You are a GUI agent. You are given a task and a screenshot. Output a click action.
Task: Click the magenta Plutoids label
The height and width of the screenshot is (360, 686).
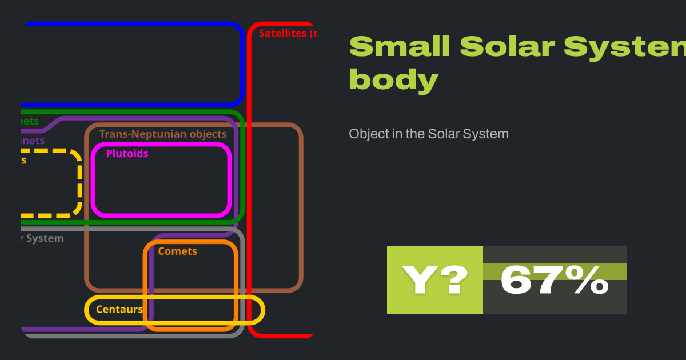pyautogui.click(x=127, y=154)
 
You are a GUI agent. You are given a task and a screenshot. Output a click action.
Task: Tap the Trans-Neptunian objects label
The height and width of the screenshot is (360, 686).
pyautogui.click(x=163, y=134)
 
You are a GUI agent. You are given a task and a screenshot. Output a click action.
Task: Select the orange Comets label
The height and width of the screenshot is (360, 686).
pyautogui.click(x=177, y=251)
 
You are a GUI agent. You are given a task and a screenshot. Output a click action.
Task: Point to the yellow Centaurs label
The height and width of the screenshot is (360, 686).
pyautogui.click(x=119, y=310)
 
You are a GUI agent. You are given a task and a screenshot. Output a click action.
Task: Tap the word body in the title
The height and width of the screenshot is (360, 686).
pyautogui.click(x=393, y=80)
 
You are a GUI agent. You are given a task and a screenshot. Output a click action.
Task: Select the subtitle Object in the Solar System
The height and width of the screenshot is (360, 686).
pyautogui.click(x=429, y=134)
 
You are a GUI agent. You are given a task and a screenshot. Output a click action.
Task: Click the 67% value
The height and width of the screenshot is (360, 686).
pyautogui.click(x=555, y=280)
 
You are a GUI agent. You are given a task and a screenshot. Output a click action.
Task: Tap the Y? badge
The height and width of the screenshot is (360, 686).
pyautogui.click(x=435, y=280)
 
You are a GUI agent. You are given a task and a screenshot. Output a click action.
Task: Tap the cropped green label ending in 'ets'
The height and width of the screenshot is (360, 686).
pyautogui.click(x=29, y=121)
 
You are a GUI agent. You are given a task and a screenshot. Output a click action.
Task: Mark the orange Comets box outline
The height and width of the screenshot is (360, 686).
pyautogui.click(x=236, y=286)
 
